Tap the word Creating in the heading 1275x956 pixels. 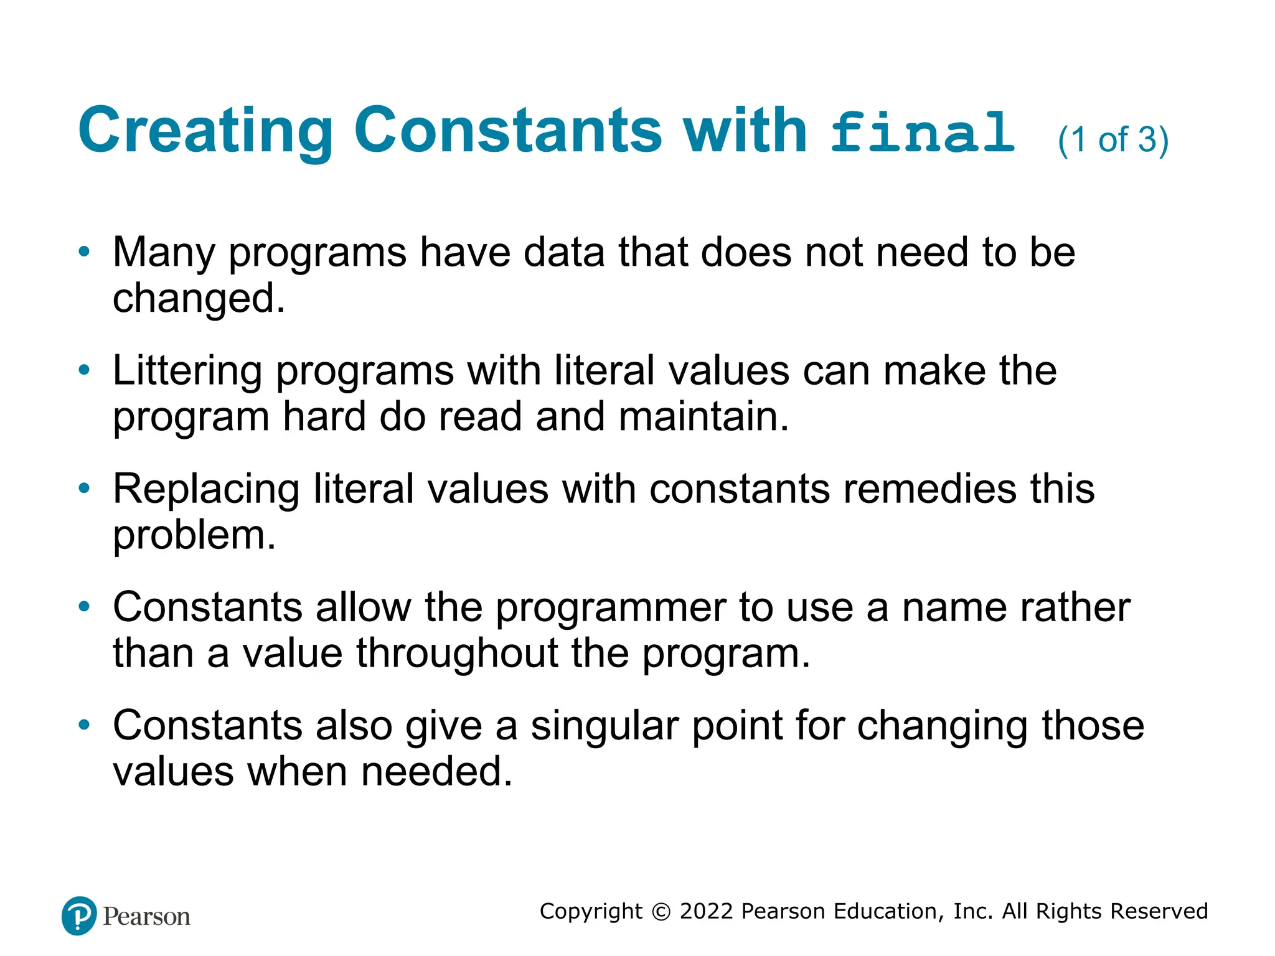point(206,130)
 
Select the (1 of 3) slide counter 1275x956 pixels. point(1113,139)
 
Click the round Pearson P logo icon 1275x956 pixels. point(79,916)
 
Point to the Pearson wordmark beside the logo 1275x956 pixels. point(146,917)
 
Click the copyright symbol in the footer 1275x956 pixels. point(661,912)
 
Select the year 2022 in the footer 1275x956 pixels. point(707,911)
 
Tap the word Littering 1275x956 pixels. point(187,371)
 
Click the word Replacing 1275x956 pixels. point(206,489)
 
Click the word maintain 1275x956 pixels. point(703,416)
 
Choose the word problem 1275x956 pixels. point(194,535)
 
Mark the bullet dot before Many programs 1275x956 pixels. point(85,252)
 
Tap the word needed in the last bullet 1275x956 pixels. point(436,772)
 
